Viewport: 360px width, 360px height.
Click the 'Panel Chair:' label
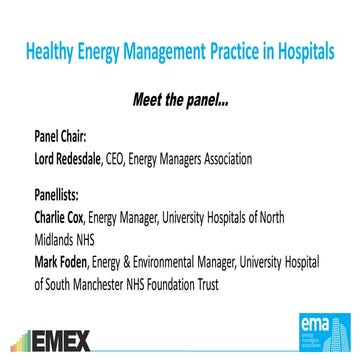[62, 139]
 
